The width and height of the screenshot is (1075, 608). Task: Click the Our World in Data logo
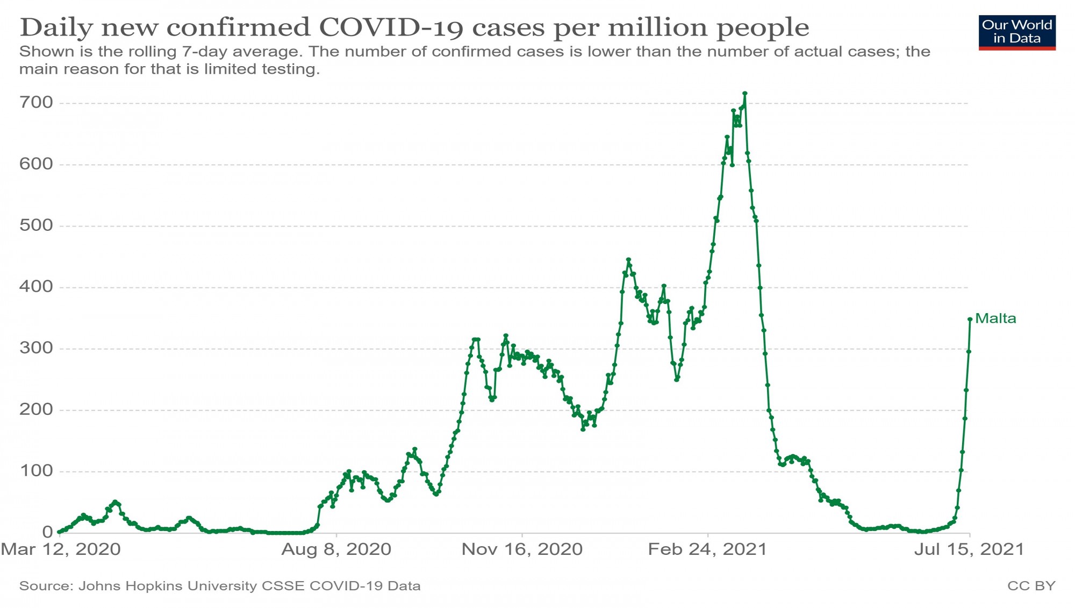(1017, 32)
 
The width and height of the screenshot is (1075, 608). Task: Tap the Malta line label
(995, 319)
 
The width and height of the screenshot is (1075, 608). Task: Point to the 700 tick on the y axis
(36, 102)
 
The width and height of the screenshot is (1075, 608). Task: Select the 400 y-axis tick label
(36, 286)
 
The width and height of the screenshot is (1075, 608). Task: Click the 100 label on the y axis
(36, 471)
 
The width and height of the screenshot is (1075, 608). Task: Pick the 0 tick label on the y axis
(47, 532)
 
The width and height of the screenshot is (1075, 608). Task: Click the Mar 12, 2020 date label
(61, 549)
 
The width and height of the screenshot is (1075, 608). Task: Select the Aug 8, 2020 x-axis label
(336, 549)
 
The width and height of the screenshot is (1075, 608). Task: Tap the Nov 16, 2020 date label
(522, 549)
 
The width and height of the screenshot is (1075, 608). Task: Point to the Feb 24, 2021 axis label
(707, 549)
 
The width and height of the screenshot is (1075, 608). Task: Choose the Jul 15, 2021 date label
(969, 549)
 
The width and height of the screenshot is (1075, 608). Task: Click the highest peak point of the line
(745, 94)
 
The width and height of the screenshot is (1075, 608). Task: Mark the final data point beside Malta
(970, 319)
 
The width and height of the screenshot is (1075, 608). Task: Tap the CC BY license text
(1031, 586)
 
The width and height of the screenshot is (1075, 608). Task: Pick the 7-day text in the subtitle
(205, 52)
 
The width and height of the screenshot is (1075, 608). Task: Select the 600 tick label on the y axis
(36, 164)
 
